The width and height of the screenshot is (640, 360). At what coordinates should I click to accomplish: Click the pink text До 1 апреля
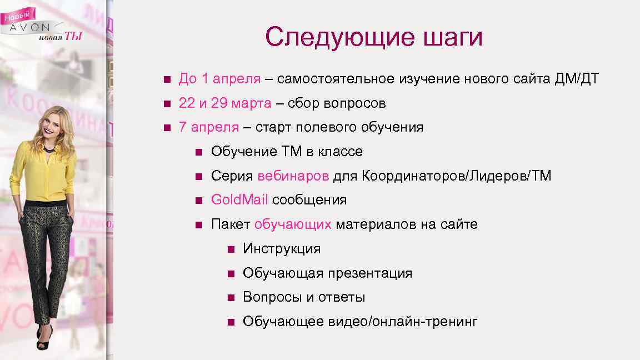coord(219,79)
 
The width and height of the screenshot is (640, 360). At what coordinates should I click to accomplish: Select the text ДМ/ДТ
coord(577,79)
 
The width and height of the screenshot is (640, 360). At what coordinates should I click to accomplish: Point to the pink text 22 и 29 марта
coord(225,103)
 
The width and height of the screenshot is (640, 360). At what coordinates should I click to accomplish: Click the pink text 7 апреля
coord(209,127)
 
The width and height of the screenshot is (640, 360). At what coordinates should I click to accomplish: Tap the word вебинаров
coord(293,176)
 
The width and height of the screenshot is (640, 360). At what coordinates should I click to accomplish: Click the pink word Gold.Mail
coord(239,200)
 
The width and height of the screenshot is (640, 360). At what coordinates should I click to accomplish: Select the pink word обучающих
coord(293,224)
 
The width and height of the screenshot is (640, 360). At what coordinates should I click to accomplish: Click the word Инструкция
coord(282,249)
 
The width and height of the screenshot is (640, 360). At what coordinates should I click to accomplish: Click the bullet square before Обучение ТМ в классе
coord(199,152)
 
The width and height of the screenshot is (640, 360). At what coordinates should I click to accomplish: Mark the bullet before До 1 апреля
coord(167,79)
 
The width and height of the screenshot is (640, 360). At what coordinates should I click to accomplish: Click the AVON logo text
coord(30,28)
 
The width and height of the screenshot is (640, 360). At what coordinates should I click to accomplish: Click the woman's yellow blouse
coord(44,172)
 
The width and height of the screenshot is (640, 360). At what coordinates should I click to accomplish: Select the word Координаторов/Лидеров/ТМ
coord(457,176)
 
